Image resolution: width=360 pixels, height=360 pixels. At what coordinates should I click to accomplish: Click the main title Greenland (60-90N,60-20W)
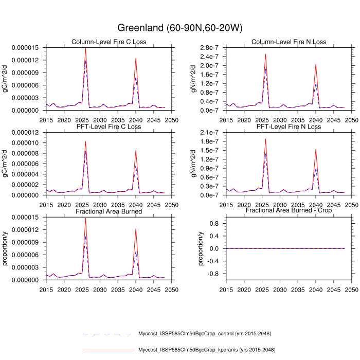tap(179, 27)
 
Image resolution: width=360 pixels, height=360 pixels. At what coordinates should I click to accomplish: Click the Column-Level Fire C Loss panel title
tap(109, 42)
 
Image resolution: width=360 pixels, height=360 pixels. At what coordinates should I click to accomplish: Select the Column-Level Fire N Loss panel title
tap(289, 42)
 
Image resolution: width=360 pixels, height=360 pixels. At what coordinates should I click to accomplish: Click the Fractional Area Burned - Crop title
tap(289, 211)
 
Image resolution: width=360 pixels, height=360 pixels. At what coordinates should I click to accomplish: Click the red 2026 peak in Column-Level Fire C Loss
tap(85, 48)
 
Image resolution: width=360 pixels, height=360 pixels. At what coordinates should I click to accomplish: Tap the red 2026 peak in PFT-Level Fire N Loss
tap(265, 139)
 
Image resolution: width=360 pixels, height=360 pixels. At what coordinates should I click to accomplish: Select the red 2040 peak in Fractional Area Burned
tap(136, 229)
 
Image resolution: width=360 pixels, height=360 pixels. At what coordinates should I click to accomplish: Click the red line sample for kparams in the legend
tap(107, 350)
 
